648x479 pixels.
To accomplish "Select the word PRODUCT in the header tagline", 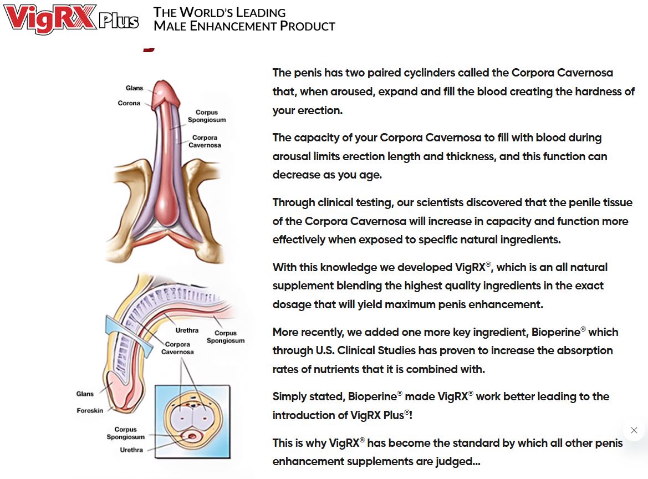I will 308,26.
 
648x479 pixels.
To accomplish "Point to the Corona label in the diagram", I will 129,103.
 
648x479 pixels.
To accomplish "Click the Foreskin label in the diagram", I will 90,411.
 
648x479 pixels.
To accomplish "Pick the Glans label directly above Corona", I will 134,88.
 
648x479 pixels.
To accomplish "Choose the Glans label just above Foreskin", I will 85,394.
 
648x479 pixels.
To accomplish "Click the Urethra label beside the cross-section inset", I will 131,450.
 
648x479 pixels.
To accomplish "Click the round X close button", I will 634,430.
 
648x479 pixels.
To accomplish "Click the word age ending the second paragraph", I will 372,175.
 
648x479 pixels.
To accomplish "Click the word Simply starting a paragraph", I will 290,397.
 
